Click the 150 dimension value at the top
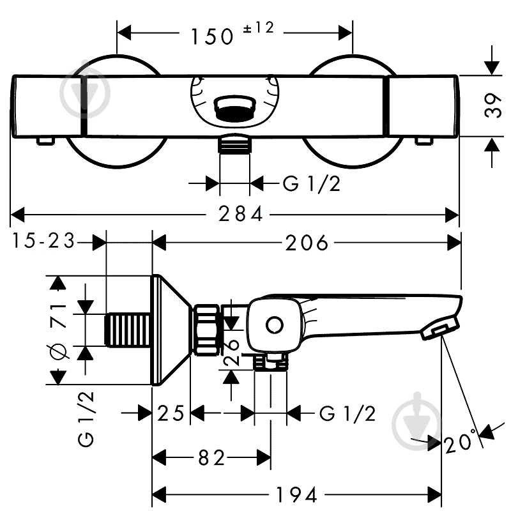point(212,36)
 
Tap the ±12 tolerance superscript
point(259,28)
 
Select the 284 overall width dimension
point(241,214)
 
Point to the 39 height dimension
point(492,105)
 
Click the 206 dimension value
point(307,243)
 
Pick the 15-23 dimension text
point(43,241)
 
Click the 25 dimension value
point(171,413)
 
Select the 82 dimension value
point(211,458)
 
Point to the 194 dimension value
point(296,495)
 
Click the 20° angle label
point(459,441)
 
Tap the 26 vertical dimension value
point(232,351)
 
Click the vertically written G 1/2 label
point(86,419)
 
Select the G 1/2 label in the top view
point(312,183)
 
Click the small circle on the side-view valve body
point(275,325)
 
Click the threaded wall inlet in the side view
point(129,330)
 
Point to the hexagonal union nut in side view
point(207,330)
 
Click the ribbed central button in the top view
point(234,108)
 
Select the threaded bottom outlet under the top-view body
point(234,143)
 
